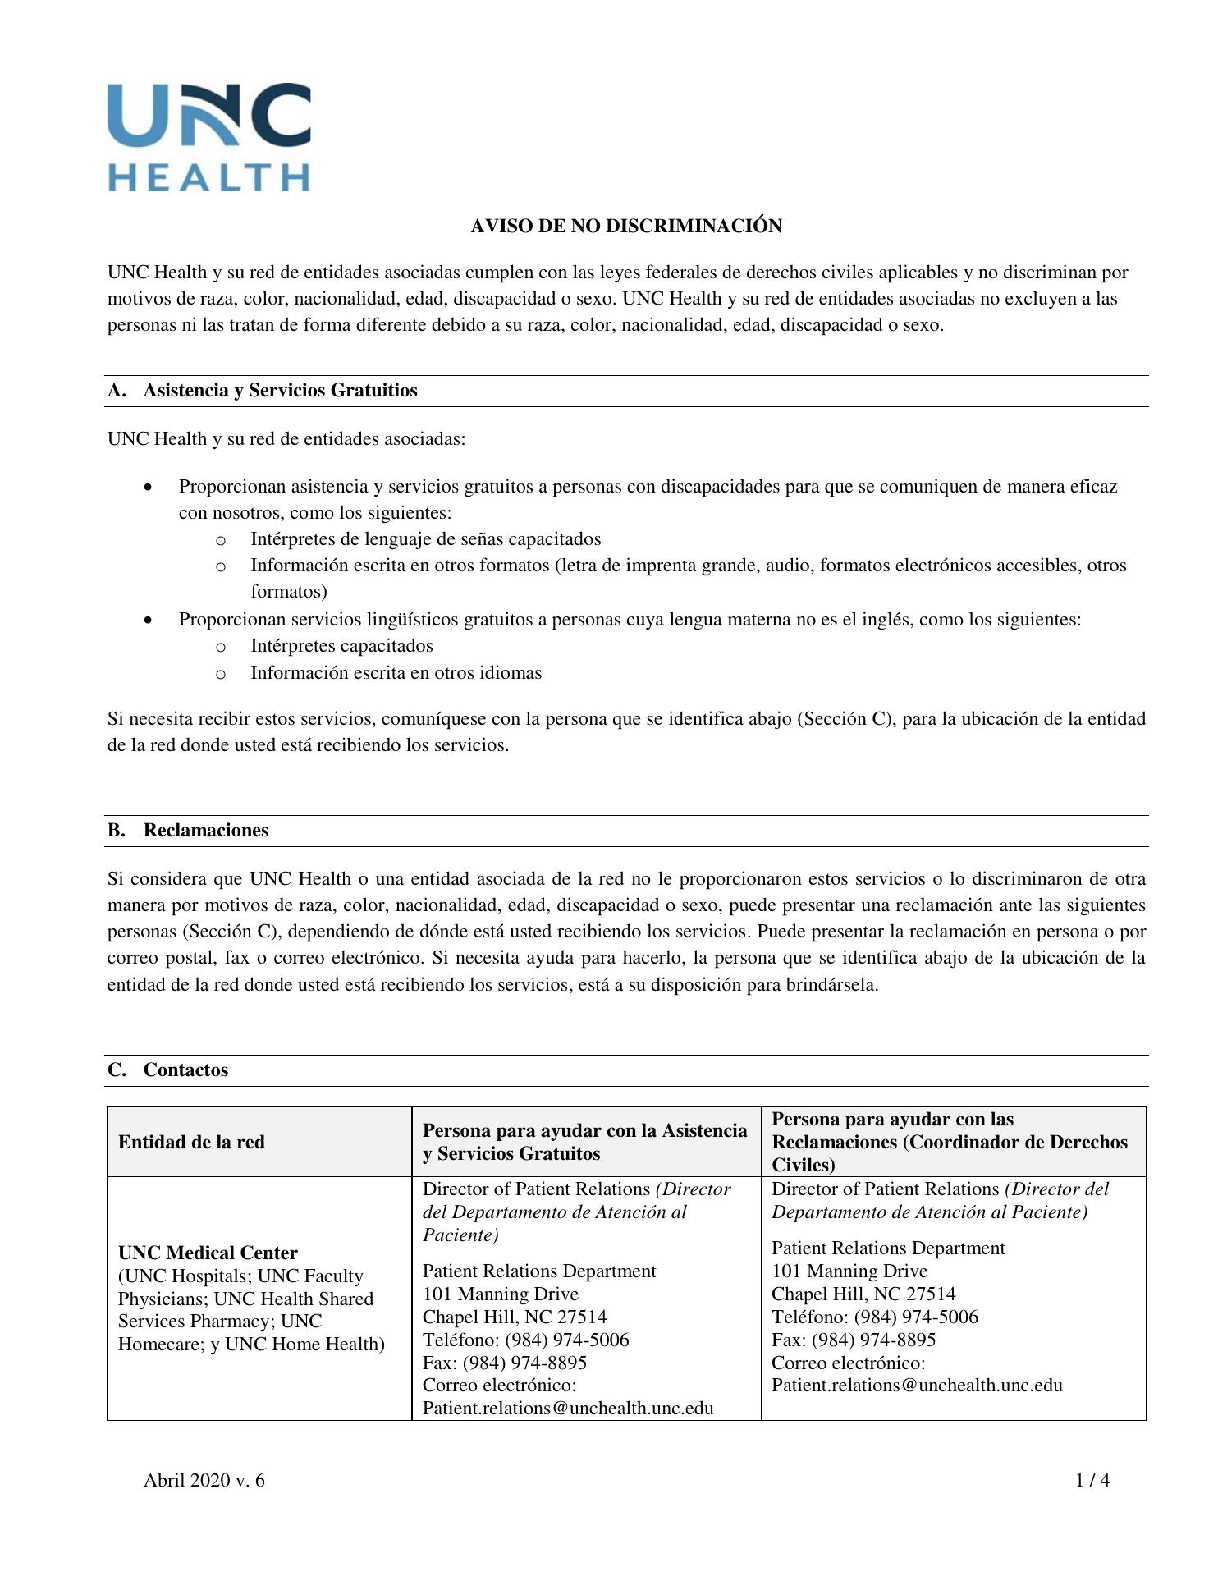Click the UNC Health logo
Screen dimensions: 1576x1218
click(209, 136)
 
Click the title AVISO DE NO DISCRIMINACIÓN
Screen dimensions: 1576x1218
click(625, 226)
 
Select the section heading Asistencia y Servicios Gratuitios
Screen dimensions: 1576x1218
click(280, 391)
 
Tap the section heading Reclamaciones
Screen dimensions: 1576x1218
click(206, 830)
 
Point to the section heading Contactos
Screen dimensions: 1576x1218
click(185, 1070)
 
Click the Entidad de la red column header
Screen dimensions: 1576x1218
click(191, 1142)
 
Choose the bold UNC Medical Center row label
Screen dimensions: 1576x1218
click(208, 1253)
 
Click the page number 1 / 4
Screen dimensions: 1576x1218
click(1092, 1480)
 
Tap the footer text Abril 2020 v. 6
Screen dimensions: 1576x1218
click(204, 1480)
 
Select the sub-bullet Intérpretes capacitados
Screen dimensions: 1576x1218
click(341, 646)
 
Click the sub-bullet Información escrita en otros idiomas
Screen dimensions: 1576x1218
click(396, 673)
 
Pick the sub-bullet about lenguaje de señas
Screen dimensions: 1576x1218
click(425, 539)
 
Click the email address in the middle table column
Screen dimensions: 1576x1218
click(567, 1409)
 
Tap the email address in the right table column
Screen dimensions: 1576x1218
click(917, 1386)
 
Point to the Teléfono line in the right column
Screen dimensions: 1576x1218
click(874, 1317)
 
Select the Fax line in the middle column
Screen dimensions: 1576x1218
click(504, 1363)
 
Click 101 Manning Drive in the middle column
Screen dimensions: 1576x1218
click(500, 1294)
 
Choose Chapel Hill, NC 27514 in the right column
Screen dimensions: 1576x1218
click(863, 1294)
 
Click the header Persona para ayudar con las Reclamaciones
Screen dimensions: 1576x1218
click(950, 1142)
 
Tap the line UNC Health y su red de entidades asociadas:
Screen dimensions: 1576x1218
click(286, 439)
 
